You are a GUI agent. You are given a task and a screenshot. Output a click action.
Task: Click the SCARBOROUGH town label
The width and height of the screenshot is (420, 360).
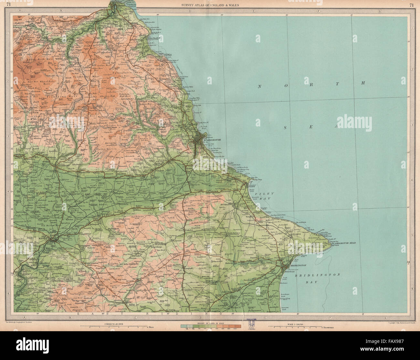(212, 139)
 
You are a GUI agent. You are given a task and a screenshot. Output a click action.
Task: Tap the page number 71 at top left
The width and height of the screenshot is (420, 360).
(13, 5)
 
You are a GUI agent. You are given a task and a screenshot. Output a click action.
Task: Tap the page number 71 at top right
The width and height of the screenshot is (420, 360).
(411, 5)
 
